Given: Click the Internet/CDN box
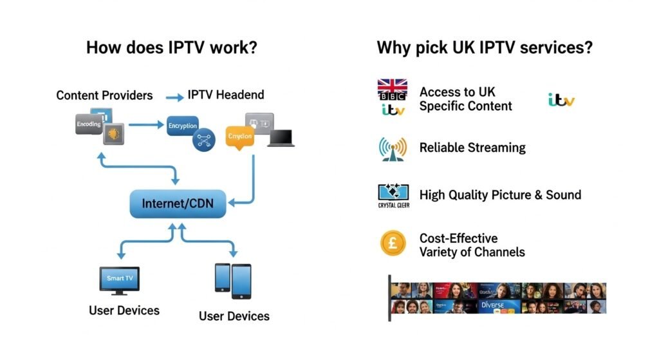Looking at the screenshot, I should (x=178, y=204).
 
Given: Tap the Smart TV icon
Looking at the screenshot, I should (x=118, y=280).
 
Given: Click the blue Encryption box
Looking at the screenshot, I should (x=182, y=126).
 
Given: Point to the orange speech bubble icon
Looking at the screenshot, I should (x=240, y=137).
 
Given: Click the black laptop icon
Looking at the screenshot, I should (x=281, y=138).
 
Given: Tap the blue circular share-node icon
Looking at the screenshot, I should (x=205, y=142).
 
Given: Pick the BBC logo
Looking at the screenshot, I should (x=393, y=98).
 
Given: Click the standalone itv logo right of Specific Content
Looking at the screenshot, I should (x=561, y=100).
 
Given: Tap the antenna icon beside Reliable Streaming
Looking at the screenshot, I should (x=393, y=148).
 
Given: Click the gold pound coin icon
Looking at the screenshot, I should (x=393, y=243).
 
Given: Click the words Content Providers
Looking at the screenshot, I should (x=104, y=95).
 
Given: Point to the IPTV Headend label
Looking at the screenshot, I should (x=226, y=95).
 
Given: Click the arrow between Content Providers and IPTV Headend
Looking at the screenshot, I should (x=174, y=97).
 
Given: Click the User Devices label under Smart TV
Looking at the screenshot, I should (x=124, y=310).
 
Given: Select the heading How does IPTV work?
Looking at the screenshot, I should (x=172, y=48).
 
